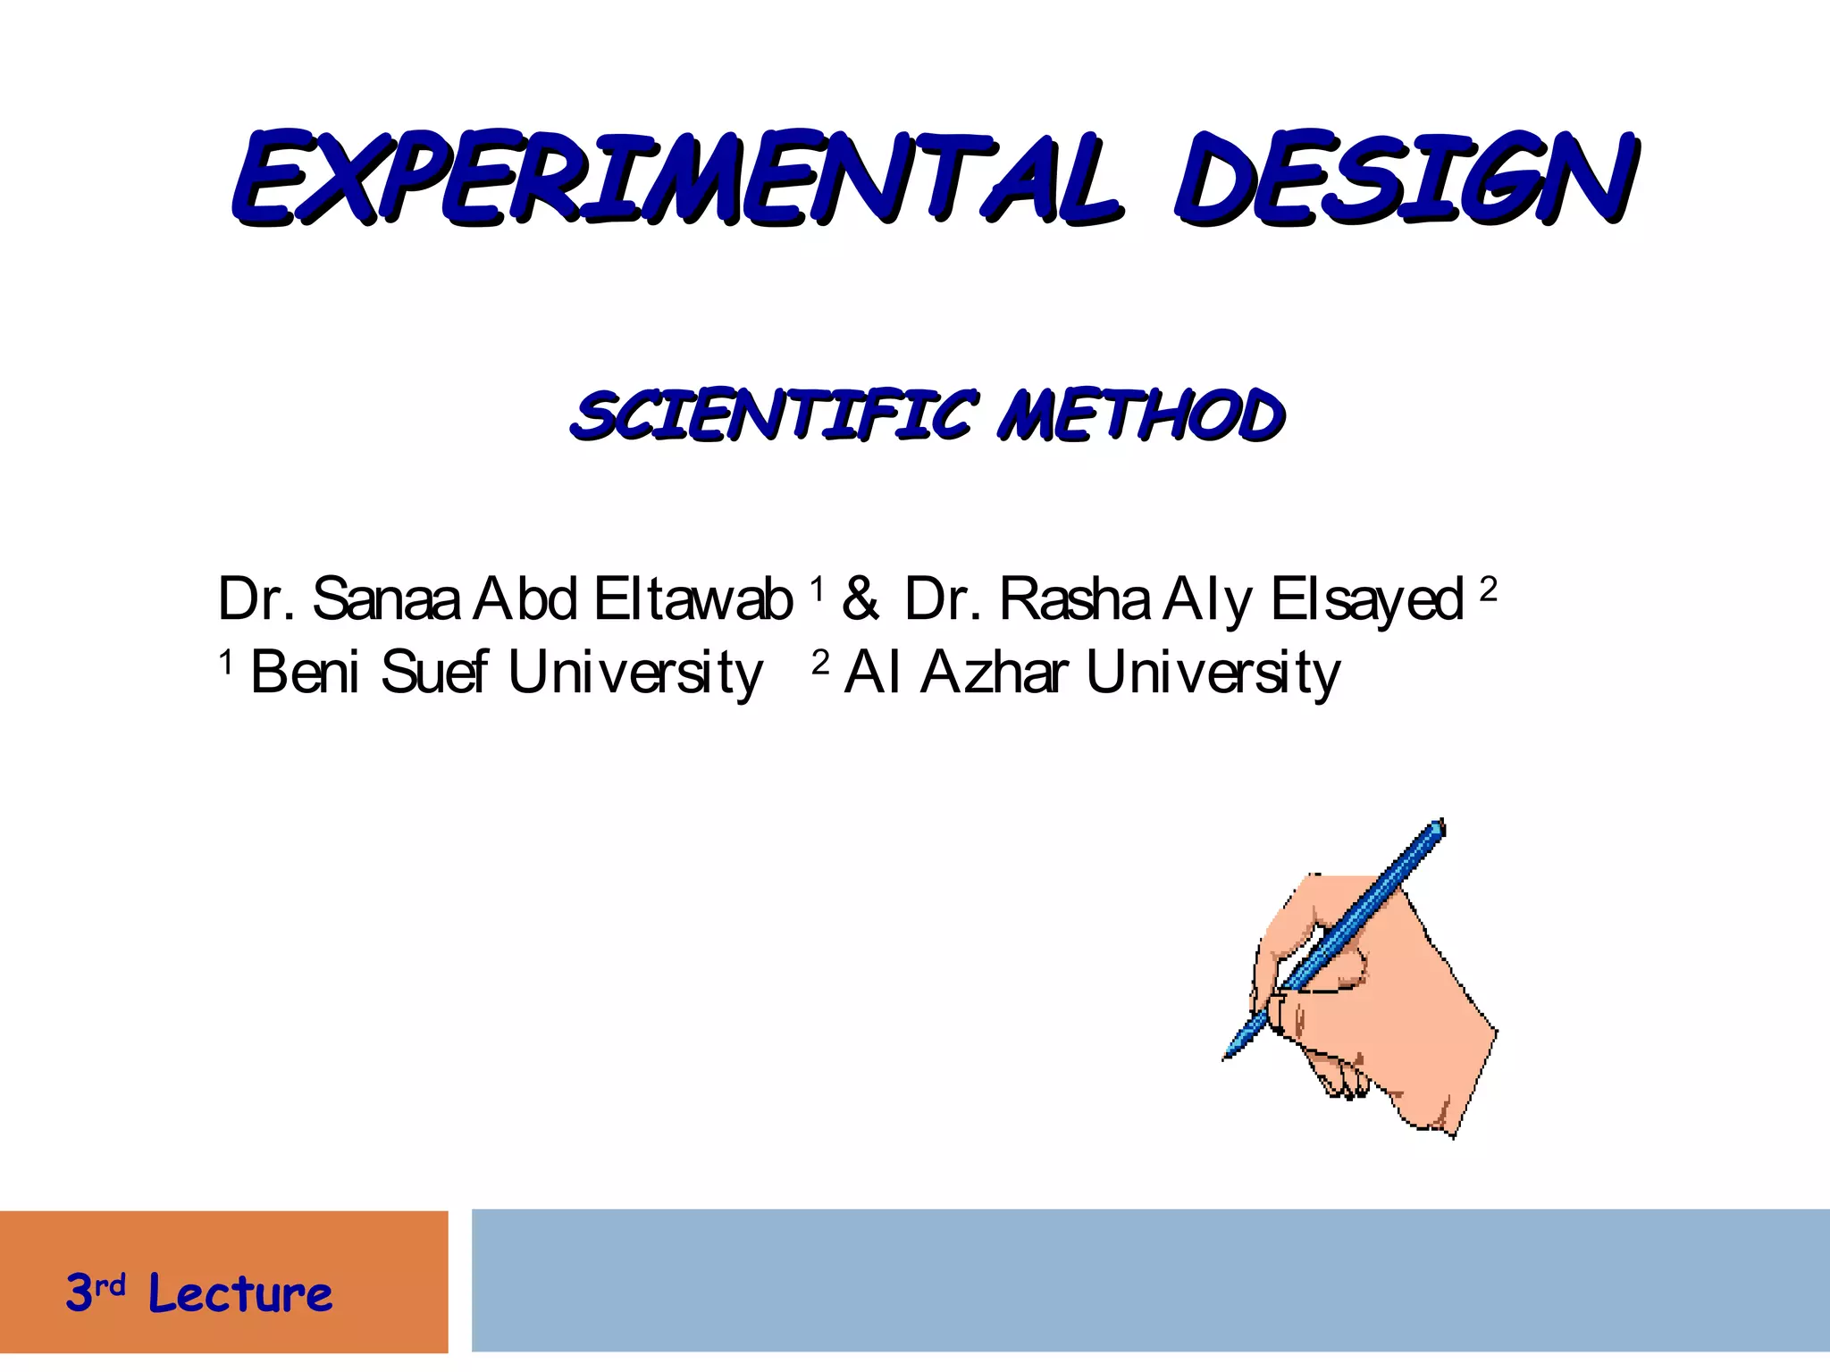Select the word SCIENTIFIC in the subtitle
(774, 415)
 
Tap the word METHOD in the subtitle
(1142, 415)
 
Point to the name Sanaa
(386, 598)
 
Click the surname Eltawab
(693, 598)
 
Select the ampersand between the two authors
(860, 598)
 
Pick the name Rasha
(1074, 598)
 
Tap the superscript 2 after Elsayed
(1488, 590)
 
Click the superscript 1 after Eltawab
(816, 590)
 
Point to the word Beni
(305, 672)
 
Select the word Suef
(434, 672)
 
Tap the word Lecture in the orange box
(240, 1293)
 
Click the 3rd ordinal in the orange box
(95, 1292)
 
